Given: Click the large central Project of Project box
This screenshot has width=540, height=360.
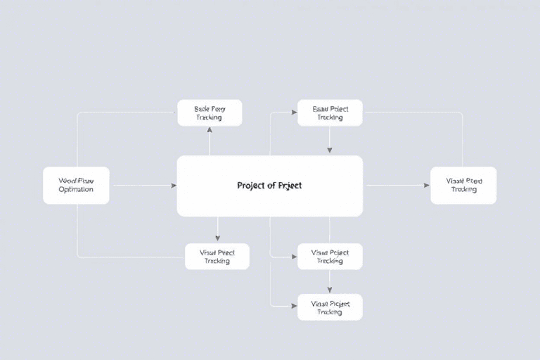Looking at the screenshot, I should point(269,186).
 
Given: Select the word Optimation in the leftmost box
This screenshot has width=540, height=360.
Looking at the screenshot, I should point(76,190).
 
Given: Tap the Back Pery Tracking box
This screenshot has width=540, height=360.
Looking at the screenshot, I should point(209,112).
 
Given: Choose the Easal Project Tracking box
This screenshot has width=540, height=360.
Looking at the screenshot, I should point(330,112).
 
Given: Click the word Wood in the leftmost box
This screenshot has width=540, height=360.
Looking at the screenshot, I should point(67,180).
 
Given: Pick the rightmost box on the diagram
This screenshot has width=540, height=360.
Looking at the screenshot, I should point(463,186).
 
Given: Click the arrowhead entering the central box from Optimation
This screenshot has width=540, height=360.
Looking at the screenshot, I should point(173,186).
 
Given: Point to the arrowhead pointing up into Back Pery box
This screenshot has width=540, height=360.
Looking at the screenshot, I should point(209,131).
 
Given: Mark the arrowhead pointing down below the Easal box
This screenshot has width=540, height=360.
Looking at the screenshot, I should point(330,150).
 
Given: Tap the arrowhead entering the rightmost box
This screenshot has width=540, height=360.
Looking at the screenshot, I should point(426,186).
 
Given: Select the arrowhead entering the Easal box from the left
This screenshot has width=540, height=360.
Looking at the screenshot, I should point(293,112).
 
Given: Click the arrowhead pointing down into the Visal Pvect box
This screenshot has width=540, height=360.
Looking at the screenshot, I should point(217,238).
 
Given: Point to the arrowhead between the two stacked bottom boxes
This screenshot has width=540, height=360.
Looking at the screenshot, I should point(330,289).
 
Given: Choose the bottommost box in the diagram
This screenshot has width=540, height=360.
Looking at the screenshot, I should point(330,307).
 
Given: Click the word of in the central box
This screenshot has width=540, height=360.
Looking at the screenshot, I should point(271,186).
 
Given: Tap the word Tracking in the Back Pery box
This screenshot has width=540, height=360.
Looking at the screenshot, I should point(209,117).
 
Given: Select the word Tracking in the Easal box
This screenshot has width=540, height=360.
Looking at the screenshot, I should point(330,117).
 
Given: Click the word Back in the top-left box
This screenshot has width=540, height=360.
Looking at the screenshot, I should point(202,108).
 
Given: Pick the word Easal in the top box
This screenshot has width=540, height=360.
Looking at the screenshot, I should point(320,108).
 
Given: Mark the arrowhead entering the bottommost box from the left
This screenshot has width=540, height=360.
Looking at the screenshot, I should point(293,307).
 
